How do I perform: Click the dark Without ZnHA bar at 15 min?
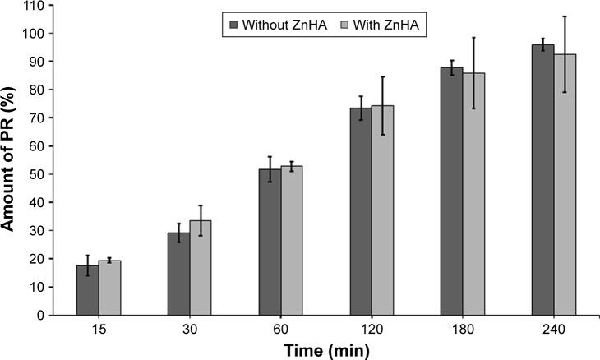coord(87,290)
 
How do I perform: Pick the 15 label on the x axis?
coord(99,329)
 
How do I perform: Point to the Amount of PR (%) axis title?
coord(11,160)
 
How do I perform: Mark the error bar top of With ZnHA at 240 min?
coord(565,16)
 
